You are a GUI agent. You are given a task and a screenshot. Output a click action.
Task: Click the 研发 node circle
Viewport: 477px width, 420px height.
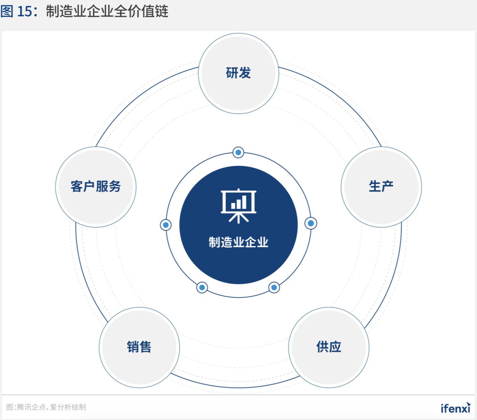pyautogui.click(x=238, y=73)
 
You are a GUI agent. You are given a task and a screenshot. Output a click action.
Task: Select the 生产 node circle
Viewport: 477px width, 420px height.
pyautogui.click(x=381, y=187)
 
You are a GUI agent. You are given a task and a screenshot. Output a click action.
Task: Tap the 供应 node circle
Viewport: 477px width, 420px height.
pyautogui.click(x=329, y=347)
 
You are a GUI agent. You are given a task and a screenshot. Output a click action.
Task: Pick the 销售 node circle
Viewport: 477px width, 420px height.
pyautogui.click(x=139, y=347)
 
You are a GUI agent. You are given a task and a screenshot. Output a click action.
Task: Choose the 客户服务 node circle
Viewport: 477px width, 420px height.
pyautogui.click(x=96, y=187)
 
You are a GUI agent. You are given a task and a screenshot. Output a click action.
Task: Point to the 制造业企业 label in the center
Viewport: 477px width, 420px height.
pyautogui.click(x=238, y=242)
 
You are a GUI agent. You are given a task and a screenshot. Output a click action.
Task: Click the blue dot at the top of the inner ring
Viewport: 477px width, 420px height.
pyautogui.click(x=238, y=153)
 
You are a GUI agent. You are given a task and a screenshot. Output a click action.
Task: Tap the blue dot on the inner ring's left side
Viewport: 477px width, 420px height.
pyautogui.click(x=166, y=225)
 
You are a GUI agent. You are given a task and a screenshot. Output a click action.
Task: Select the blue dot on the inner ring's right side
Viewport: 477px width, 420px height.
pyautogui.click(x=311, y=223)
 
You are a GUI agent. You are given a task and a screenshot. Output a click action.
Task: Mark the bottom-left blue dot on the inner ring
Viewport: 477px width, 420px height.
pyautogui.click(x=202, y=287)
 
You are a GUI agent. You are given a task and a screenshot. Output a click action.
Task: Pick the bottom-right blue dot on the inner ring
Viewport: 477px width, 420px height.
pyautogui.click(x=274, y=287)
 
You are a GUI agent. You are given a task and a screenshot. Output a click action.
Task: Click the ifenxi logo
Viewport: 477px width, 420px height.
pyautogui.click(x=455, y=408)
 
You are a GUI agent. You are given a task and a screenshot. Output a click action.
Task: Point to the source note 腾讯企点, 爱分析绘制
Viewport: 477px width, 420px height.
pyautogui.click(x=46, y=407)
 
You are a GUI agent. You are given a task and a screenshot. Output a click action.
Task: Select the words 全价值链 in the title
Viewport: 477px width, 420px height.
pyautogui.click(x=141, y=11)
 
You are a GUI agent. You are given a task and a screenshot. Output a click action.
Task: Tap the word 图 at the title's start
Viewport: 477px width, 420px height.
pyautogui.click(x=7, y=11)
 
